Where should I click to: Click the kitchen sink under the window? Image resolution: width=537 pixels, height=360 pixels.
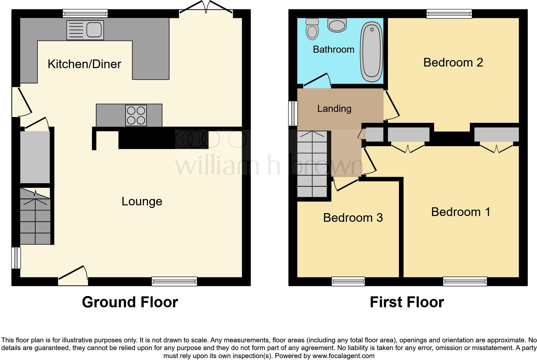tap(85, 30)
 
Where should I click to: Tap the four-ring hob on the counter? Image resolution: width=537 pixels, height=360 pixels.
tap(136, 115)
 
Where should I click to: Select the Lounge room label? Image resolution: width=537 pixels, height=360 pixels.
tap(142, 202)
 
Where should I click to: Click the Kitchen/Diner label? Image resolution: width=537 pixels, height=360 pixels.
tap(84, 64)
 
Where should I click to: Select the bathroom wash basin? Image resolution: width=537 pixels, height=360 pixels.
tap(337, 25)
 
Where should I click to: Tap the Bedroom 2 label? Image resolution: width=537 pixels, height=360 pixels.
tap(453, 62)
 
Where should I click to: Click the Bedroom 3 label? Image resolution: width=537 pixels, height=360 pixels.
tap(353, 218)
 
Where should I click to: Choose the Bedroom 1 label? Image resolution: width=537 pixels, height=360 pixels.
tap(461, 212)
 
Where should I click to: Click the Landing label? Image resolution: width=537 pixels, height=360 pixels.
tap(334, 109)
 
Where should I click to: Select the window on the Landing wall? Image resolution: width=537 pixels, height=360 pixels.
tap(293, 113)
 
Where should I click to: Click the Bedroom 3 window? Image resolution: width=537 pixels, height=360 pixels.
tap(348, 282)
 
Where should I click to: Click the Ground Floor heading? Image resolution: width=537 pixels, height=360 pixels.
tap(130, 302)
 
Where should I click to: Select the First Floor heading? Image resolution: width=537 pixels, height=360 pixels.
tap(407, 302)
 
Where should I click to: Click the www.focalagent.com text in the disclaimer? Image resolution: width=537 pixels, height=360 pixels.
tap(343, 356)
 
